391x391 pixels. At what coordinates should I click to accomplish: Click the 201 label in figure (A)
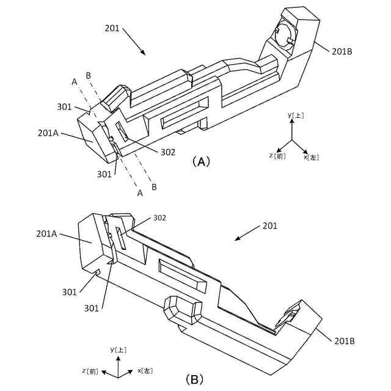(112, 28)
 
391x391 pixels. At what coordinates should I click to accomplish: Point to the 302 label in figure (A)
(169, 152)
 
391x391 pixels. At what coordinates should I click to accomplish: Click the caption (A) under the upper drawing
(201, 162)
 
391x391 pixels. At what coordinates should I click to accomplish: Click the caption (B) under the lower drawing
(195, 379)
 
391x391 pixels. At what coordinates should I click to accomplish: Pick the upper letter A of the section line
(74, 81)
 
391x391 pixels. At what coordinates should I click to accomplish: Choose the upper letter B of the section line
(89, 75)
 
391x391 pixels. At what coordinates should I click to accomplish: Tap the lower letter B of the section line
(154, 186)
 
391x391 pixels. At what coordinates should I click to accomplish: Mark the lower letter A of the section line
(140, 192)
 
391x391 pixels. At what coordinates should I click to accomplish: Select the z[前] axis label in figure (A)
(277, 156)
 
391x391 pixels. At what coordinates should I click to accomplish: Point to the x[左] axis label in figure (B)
(145, 370)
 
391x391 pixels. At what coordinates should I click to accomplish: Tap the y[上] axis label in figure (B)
(118, 349)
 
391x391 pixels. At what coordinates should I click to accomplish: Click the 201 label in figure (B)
(269, 226)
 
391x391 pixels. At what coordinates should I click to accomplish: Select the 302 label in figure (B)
(159, 217)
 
